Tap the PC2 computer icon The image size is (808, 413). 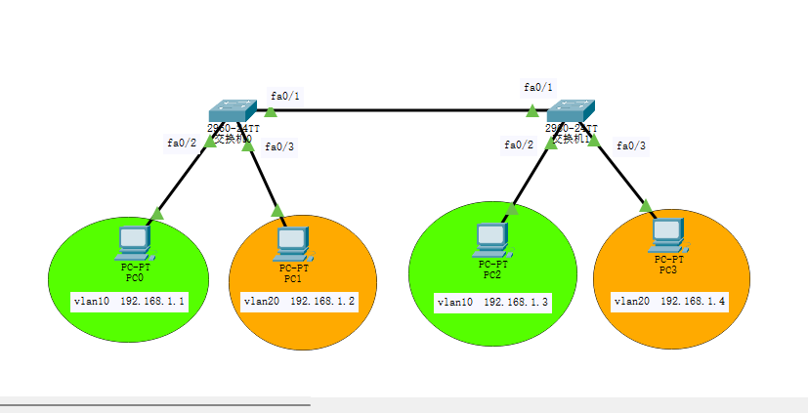point(491,237)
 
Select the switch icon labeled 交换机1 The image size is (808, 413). point(572,110)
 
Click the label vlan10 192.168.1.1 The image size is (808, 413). point(129,302)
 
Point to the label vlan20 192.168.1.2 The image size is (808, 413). point(299,302)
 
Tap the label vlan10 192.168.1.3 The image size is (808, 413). point(492,304)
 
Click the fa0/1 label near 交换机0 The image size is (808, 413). point(285,96)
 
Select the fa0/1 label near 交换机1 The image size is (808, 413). point(538,87)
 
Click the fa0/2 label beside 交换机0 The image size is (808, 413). point(182,143)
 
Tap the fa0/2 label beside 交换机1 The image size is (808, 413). point(519,145)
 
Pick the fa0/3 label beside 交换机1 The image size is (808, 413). point(631,145)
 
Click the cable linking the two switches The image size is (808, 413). point(401,110)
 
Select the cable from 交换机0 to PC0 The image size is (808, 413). point(184,177)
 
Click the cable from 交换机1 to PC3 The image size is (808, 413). point(621,176)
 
